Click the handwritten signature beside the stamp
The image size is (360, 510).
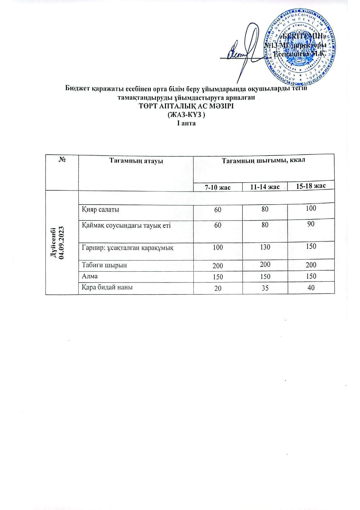click(245, 51)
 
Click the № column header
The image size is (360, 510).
click(62, 160)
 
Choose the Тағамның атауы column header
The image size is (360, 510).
click(136, 161)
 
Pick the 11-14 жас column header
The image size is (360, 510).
click(265, 187)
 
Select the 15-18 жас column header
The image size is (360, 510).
click(311, 186)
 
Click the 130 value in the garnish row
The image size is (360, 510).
click(265, 247)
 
